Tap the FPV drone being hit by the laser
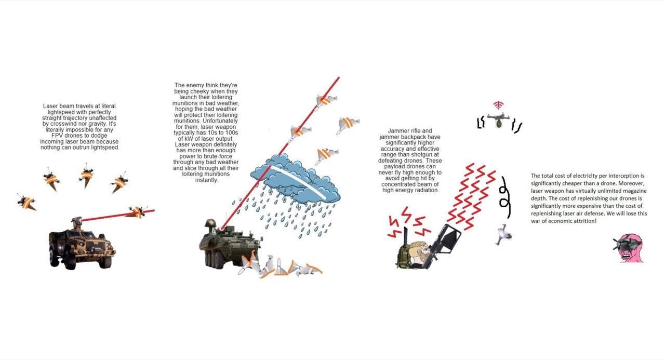tap(137, 211)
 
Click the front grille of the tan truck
tap(97, 246)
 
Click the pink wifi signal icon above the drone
tap(498, 105)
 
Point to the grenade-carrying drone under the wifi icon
tap(498, 120)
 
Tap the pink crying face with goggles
tap(628, 248)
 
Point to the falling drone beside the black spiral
tap(503, 235)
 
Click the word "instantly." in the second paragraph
tap(206, 180)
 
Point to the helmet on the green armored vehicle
tap(210, 223)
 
